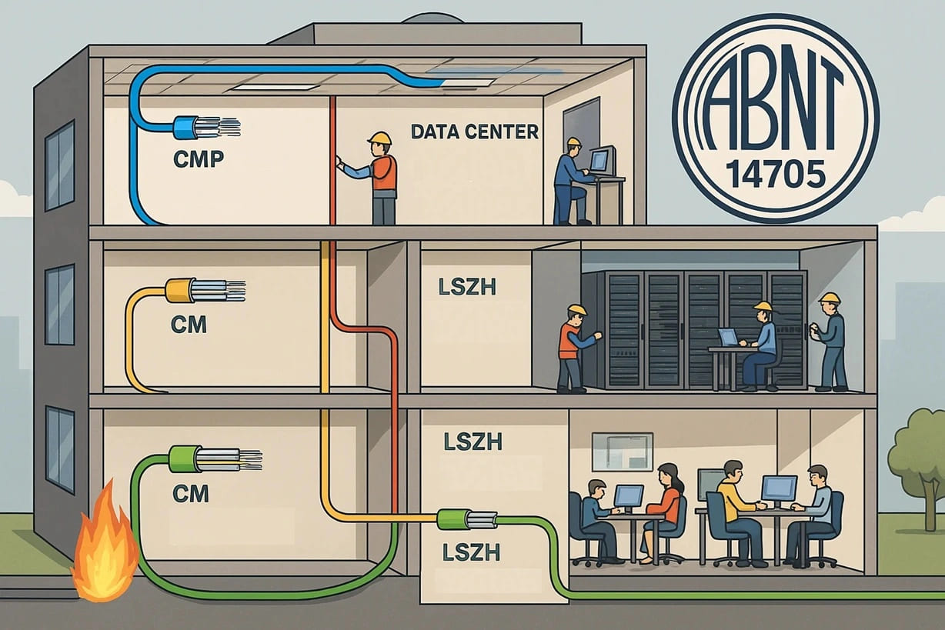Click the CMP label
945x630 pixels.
tap(198, 159)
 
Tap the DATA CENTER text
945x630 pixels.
tap(474, 132)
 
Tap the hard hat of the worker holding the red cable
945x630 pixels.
tap(379, 138)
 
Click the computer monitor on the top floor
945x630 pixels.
tap(599, 160)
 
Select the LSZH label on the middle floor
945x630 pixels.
tap(467, 288)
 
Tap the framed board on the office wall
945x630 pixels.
tap(622, 451)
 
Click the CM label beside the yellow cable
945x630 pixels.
tap(189, 325)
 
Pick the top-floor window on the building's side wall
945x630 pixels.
tap(59, 166)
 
